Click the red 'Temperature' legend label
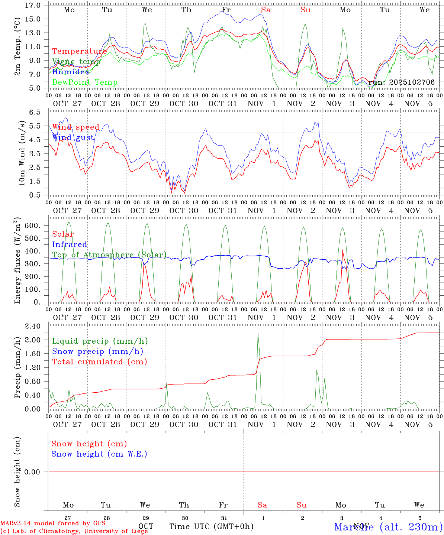80,51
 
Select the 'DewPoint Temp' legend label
85,82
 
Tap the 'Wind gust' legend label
73,137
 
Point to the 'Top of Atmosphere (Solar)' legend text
109,255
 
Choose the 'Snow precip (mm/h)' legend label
97,351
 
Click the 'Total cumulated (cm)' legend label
99,361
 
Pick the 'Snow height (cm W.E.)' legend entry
99,454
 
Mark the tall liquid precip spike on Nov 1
258,333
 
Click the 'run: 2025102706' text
401,82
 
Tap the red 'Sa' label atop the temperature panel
266,10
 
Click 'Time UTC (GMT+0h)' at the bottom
211,526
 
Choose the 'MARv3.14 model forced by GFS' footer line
53,523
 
